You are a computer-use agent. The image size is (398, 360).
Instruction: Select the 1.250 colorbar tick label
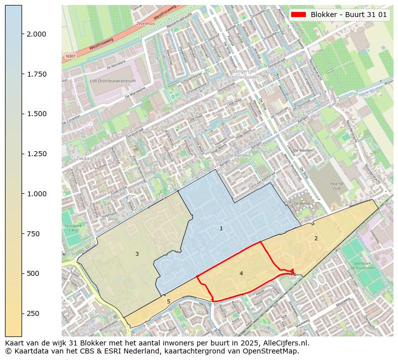pyautogui.click(x=36, y=154)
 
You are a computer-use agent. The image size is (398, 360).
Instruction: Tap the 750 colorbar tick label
pyautogui.click(x=33, y=234)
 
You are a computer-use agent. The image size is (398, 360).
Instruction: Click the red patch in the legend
pyautogui.click(x=299, y=15)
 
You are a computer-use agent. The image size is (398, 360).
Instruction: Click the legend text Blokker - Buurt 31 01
pyautogui.click(x=348, y=15)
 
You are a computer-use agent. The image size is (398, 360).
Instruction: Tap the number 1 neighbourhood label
pyautogui.click(x=221, y=229)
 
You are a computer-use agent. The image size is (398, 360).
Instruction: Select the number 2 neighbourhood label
pyautogui.click(x=316, y=238)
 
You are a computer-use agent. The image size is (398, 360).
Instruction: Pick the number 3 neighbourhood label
pyautogui.click(x=137, y=254)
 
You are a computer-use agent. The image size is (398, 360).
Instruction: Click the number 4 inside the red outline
pyautogui.click(x=241, y=273)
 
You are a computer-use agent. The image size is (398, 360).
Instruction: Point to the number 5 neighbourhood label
pyautogui.click(x=168, y=301)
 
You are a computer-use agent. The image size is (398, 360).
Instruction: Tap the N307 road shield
pyautogui.click(x=70, y=57)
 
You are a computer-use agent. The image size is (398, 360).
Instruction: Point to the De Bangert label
pyautogui.click(x=239, y=156)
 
